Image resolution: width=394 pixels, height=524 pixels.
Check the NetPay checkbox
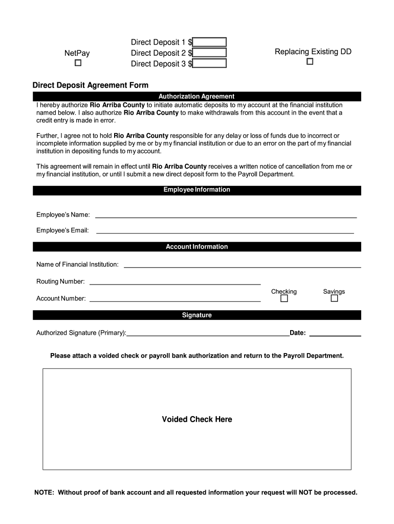coord(78,63)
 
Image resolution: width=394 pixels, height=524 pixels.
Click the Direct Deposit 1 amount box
coord(209,42)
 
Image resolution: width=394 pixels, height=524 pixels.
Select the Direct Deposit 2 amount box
coord(209,53)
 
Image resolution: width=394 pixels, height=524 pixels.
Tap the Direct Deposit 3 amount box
coord(209,63)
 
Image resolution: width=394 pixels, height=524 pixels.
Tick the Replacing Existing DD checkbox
coord(310,62)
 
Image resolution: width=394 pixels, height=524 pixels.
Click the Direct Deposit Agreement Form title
coord(91,85)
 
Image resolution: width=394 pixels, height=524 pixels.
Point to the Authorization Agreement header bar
coord(196,96)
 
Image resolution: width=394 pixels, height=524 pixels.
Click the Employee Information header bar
coord(196,190)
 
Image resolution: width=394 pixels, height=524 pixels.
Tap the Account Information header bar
coord(196,247)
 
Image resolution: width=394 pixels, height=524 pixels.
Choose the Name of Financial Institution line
coord(243,266)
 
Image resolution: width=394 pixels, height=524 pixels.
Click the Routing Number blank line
coord(175,283)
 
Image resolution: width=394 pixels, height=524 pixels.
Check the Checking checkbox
coord(284,298)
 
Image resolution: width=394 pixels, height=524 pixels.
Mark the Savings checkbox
coord(334,298)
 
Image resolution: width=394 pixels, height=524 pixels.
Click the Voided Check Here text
coord(197,420)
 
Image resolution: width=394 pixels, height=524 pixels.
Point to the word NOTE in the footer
coord(44,493)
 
